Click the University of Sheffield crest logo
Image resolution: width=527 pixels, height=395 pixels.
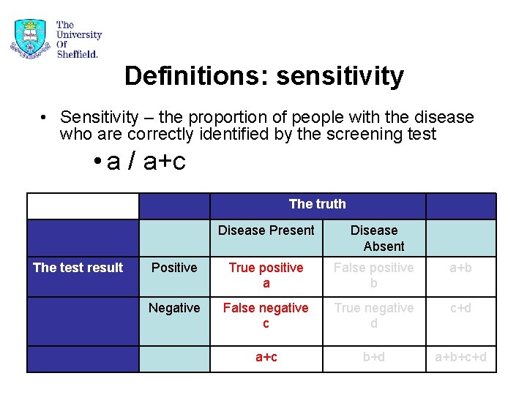(x=30, y=38)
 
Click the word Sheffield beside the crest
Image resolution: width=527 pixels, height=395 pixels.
(x=77, y=53)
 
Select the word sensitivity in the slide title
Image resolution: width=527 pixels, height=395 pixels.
(x=340, y=75)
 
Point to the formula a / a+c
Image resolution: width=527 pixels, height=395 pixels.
(x=146, y=161)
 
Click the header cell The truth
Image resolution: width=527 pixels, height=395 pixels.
(x=317, y=204)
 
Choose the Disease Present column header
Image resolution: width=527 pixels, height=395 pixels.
(x=266, y=230)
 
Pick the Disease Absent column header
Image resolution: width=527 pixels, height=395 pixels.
(x=374, y=238)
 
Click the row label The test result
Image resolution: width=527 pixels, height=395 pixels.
(x=78, y=268)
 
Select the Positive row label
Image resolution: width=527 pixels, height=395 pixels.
(x=174, y=268)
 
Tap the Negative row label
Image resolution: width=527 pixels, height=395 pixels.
(x=174, y=308)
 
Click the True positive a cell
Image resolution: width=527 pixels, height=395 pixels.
(x=266, y=275)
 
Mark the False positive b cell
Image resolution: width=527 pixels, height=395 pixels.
(x=374, y=275)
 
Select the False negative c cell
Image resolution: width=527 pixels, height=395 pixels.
(x=266, y=315)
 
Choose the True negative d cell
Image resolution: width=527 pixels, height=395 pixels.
(x=374, y=315)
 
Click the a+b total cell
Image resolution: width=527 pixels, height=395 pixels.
(x=460, y=268)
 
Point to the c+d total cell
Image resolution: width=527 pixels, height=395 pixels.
(x=460, y=308)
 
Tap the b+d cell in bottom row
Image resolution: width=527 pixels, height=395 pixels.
(x=374, y=357)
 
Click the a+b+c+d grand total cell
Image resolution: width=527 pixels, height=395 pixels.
(x=460, y=357)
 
